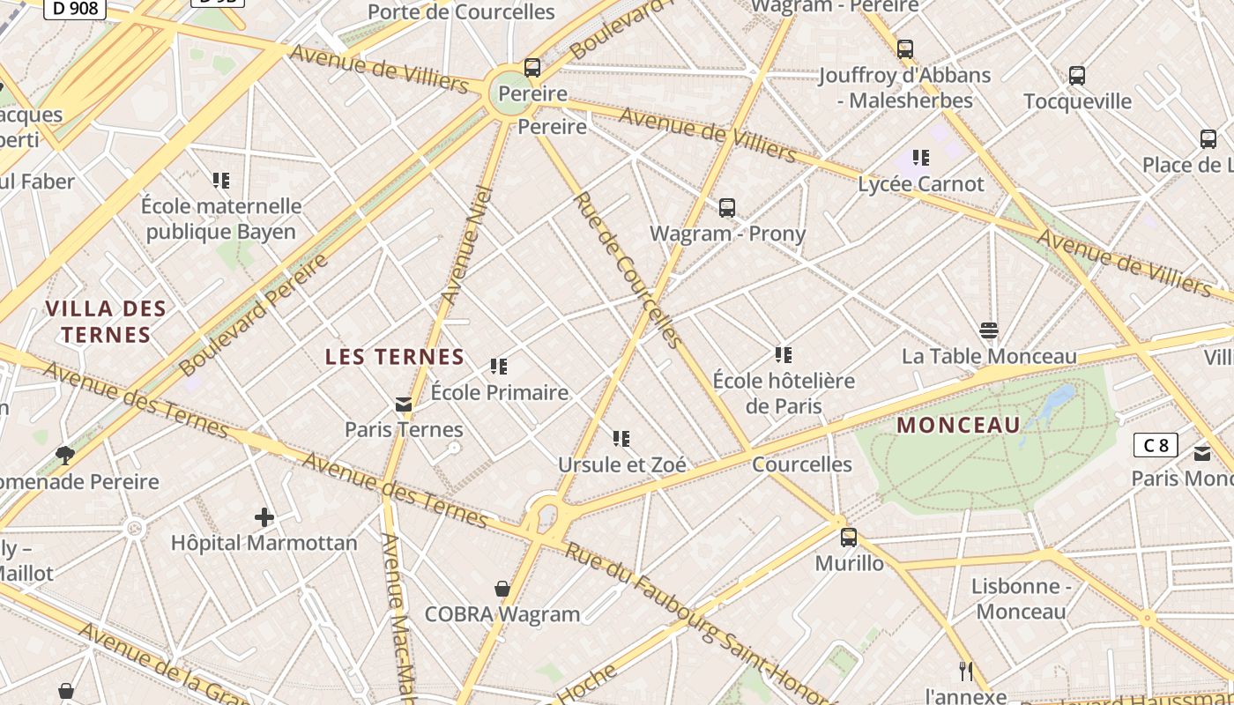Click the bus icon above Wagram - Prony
pyautogui.click(x=726, y=208)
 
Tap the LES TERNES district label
pyautogui.click(x=394, y=357)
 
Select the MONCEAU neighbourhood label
pyautogui.click(x=958, y=426)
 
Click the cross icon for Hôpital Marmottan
pyautogui.click(x=264, y=517)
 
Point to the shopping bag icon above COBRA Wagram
pyautogui.click(x=502, y=589)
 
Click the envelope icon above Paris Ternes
pyautogui.click(x=404, y=404)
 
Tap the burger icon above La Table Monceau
pyautogui.click(x=988, y=330)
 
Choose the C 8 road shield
pyautogui.click(x=1155, y=445)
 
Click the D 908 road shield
pyautogui.click(x=75, y=8)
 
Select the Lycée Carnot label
pyautogui.click(x=920, y=184)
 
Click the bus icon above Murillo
pyautogui.click(x=848, y=537)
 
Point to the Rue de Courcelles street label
pyautogui.click(x=628, y=270)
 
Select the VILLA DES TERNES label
pyautogui.click(x=106, y=322)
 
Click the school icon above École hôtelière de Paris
pyautogui.click(x=783, y=355)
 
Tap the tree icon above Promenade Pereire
pyautogui.click(x=64, y=455)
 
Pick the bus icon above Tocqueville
pyautogui.click(x=1076, y=76)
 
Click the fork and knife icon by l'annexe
pyautogui.click(x=966, y=672)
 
